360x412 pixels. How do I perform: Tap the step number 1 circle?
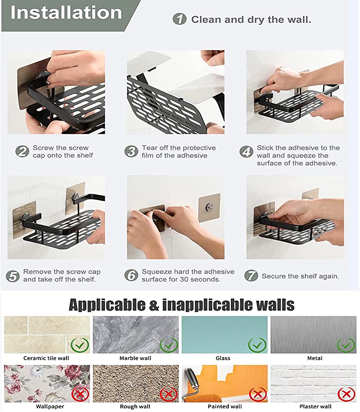coord(180,19)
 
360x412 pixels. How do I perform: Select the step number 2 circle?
coord(22,151)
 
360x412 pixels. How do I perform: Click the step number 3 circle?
coord(131,151)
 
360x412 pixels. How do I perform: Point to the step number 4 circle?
coord(247,151)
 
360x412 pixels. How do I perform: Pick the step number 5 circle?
coord(13,276)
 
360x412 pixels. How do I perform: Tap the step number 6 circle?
coord(131,276)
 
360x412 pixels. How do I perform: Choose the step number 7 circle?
coord(251,276)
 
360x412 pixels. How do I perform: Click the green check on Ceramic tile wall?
coord(79,345)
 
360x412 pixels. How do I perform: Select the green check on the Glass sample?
coord(257,345)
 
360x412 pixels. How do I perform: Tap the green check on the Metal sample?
coord(346,345)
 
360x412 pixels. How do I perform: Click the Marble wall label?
coord(135,358)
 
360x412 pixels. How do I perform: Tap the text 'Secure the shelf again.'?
coord(300,276)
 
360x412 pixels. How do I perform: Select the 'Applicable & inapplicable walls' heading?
coord(181,305)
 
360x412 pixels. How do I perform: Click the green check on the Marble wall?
coord(168,345)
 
